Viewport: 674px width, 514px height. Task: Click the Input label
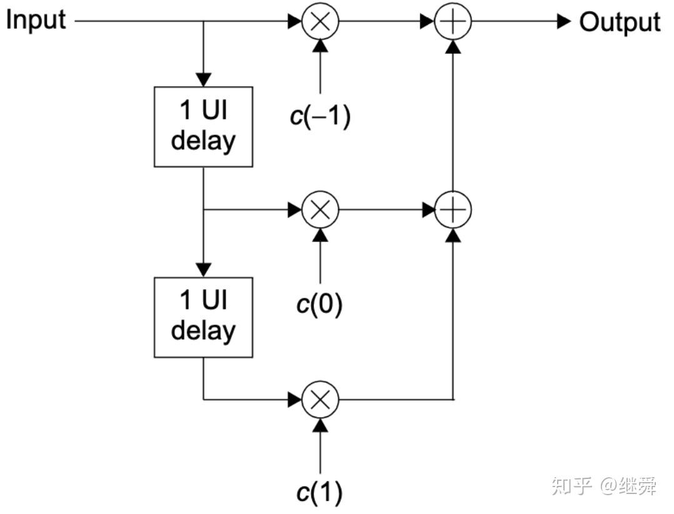coord(35,20)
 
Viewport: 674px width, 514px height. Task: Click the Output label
coord(619,22)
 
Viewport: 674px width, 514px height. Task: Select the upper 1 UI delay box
coord(203,127)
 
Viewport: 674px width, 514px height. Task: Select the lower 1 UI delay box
coord(203,317)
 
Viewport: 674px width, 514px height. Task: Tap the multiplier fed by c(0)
coord(320,210)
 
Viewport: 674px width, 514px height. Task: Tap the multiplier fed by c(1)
coord(320,399)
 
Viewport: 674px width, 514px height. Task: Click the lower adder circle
coord(453,210)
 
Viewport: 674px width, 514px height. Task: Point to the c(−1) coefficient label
coord(320,117)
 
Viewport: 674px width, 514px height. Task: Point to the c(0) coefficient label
coord(319,306)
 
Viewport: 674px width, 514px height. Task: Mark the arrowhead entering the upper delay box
coord(203,80)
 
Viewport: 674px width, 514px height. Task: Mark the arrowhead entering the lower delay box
coord(203,270)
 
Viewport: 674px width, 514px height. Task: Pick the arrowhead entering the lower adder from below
coord(453,236)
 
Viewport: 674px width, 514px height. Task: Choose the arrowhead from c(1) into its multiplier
coord(320,425)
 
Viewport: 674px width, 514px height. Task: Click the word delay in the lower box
coord(203,330)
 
